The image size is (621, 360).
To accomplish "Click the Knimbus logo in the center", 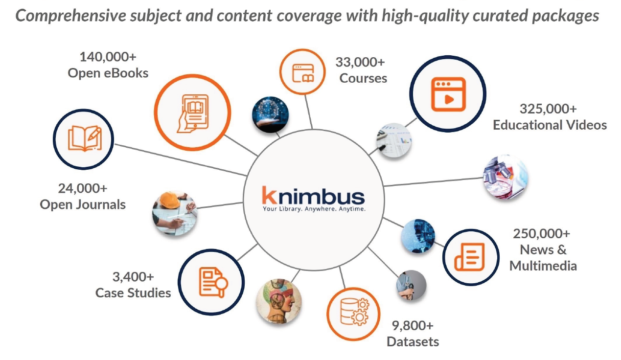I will pyautogui.click(x=313, y=196).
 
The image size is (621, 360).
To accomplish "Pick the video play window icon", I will pyautogui.click(x=447, y=95).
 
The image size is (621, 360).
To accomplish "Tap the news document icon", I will pyautogui.click(x=470, y=256).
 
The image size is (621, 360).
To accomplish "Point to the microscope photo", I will pyautogui.click(x=504, y=177).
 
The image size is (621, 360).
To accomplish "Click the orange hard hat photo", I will pyautogui.click(x=174, y=213).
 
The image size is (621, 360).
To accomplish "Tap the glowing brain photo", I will pyautogui.click(x=270, y=115).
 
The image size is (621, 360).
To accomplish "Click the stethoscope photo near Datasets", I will pyautogui.click(x=411, y=286).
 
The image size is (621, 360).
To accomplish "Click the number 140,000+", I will pyautogui.click(x=108, y=57).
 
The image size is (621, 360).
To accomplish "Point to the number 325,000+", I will pyautogui.click(x=548, y=108).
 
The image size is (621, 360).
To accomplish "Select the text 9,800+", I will pyautogui.click(x=413, y=325).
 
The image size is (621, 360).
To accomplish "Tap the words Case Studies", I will pyautogui.click(x=133, y=292).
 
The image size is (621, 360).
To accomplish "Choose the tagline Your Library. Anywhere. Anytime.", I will pyautogui.click(x=314, y=209).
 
